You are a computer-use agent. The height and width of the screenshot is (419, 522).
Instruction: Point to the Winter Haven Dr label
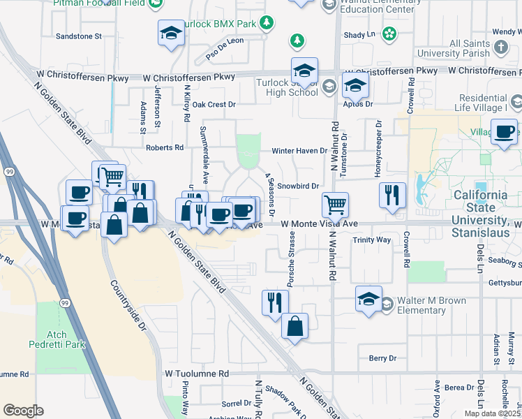coord(299,150)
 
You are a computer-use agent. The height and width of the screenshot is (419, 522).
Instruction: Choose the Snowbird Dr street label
coord(297,186)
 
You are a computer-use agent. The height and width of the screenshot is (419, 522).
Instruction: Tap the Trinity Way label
coord(372,240)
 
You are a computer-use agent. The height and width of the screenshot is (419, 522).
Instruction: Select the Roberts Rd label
coord(165,147)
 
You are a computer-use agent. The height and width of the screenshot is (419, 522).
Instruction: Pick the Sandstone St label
coord(79,35)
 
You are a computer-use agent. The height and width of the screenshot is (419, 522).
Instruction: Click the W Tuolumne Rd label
coord(195,374)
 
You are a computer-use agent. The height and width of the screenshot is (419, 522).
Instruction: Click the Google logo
coord(23,410)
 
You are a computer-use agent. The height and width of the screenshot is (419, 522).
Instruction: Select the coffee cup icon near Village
coord(504,131)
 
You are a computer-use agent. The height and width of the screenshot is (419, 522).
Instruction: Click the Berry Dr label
coord(382,358)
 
